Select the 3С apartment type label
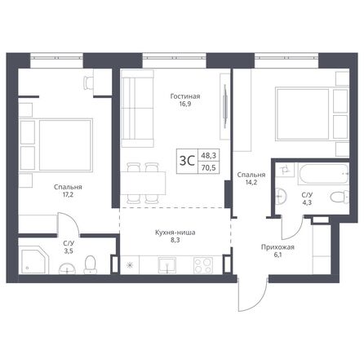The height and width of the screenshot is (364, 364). [187, 159]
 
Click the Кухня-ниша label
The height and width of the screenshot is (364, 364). [177, 233]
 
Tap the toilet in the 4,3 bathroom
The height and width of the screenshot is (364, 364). [337, 197]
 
